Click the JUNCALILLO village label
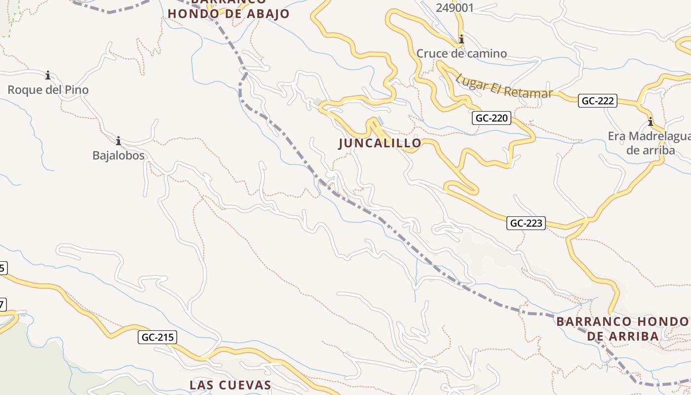pos(380,143)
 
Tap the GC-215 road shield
pos(157,337)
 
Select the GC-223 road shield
pos(526,223)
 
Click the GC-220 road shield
pos(492,118)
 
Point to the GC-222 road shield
pos(598,101)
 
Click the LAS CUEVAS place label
pos(230,385)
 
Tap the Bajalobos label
pos(118,156)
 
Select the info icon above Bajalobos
pos(118,141)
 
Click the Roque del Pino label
pos(48,90)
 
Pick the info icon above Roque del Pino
pos(48,76)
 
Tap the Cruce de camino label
pos(461,53)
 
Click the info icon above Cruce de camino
pos(461,39)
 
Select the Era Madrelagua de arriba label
pos(651,143)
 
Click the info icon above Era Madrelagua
pos(651,121)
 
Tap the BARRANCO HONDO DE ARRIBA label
pos(623,329)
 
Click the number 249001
pos(455,8)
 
